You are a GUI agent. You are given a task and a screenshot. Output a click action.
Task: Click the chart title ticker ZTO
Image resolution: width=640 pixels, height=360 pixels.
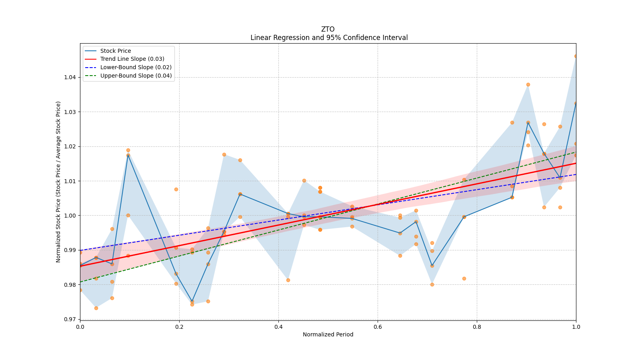[328, 29]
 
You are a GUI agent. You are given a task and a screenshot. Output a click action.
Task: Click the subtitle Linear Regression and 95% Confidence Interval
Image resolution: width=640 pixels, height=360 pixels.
[329, 38]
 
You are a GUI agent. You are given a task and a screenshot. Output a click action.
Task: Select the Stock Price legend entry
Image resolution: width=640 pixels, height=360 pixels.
[116, 51]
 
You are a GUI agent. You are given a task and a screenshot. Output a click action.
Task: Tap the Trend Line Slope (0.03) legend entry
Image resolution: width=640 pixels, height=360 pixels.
[132, 59]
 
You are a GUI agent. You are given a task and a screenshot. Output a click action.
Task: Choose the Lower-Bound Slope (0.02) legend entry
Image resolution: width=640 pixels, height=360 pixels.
[136, 67]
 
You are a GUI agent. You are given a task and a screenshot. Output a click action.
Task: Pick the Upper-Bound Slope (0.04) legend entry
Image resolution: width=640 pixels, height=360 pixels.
[136, 76]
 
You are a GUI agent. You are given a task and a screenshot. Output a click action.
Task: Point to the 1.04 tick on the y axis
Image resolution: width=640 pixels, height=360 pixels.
[70, 77]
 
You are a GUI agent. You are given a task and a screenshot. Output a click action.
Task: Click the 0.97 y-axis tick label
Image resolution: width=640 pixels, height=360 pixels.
[70, 319]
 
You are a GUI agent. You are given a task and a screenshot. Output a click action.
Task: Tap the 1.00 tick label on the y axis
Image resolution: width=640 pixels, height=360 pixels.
[70, 216]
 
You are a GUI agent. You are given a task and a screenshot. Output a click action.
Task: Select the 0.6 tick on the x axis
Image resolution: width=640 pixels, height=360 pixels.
[378, 327]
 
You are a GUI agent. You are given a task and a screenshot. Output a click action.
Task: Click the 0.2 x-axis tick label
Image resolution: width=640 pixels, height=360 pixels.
[179, 327]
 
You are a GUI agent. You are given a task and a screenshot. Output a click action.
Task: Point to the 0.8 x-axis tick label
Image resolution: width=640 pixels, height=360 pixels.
[477, 327]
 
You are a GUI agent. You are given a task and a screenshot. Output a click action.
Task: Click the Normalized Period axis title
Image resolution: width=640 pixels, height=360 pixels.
[328, 334]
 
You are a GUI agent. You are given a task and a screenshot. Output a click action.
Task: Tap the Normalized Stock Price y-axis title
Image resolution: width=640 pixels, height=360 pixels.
[58, 182]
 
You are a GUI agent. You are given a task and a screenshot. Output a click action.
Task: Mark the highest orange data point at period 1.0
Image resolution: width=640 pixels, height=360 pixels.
[576, 56]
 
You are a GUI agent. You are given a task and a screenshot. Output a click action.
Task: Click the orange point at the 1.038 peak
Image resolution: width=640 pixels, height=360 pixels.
[528, 84]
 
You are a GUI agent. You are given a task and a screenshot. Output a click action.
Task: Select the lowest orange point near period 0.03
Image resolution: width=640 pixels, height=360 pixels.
[96, 308]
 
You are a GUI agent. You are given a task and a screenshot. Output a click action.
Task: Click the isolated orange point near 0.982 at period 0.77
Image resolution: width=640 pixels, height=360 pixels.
[464, 278]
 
